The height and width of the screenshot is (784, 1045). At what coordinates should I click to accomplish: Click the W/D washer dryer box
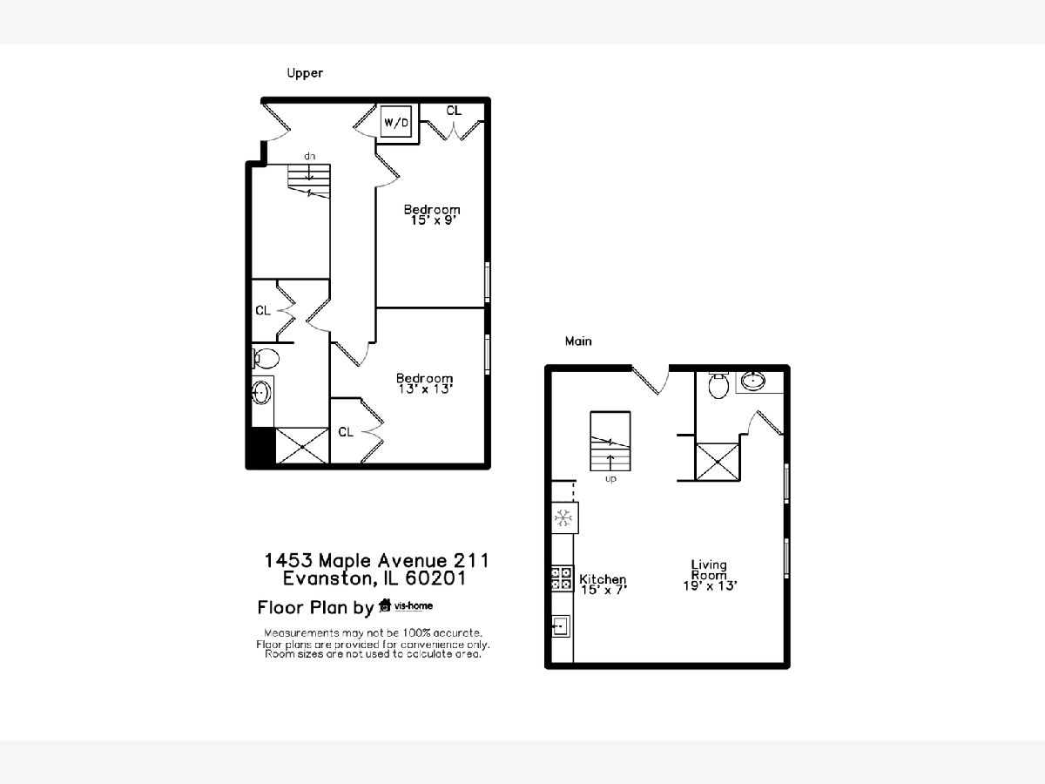point(396,122)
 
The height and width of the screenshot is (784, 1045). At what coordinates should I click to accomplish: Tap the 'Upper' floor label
point(305,73)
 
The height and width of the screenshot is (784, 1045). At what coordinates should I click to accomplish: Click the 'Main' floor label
point(578,341)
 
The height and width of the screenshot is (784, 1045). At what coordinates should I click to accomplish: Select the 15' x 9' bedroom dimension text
point(433,220)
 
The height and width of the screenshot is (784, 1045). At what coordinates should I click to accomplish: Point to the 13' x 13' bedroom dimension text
point(425,389)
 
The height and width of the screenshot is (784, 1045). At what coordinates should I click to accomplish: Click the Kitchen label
point(603,578)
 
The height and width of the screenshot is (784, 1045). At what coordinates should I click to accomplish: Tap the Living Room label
point(709,570)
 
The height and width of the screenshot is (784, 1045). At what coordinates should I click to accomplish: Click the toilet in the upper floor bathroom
point(266,358)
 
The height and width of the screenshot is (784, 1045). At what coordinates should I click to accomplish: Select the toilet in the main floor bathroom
point(718,385)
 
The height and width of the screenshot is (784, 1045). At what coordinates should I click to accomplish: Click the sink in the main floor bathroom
point(753,381)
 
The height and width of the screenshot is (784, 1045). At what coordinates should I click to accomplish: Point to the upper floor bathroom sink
point(261,393)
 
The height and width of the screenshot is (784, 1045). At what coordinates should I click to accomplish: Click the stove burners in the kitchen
point(562,578)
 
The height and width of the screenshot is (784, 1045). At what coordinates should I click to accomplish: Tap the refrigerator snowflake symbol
point(563,517)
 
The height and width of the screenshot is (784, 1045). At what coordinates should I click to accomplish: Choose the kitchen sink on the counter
point(560,625)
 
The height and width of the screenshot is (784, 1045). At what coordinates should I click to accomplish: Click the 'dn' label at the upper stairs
point(309,156)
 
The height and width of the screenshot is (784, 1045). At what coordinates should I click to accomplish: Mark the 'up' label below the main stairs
point(610,479)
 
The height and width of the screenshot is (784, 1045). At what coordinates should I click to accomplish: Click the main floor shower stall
point(718,462)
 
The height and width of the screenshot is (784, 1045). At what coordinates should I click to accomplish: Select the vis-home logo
point(406,605)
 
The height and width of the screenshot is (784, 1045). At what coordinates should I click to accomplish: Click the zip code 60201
point(435,578)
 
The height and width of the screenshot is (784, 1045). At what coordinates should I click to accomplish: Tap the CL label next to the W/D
point(454,111)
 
